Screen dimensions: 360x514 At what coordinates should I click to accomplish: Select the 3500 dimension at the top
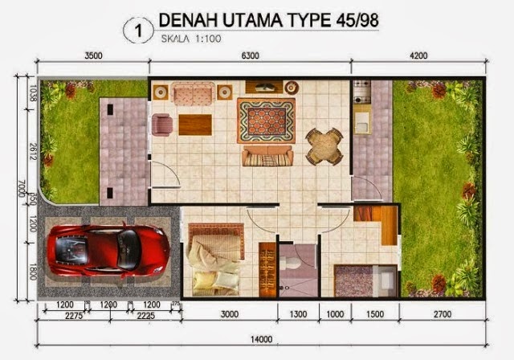click(93, 55)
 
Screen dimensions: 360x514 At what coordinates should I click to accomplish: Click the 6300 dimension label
click(251, 55)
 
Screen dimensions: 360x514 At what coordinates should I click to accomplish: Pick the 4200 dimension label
click(418, 55)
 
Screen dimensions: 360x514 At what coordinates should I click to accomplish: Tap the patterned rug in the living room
click(266, 121)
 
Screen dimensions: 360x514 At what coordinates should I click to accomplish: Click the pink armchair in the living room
click(162, 125)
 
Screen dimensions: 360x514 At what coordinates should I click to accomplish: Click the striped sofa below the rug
click(268, 156)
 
